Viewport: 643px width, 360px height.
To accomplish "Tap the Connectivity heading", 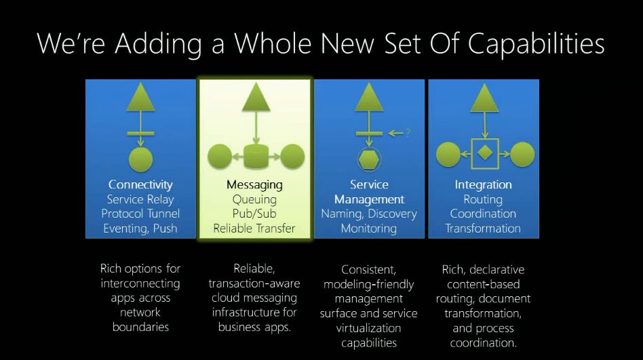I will coord(140,184).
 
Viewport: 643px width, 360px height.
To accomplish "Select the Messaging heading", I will coord(254,184).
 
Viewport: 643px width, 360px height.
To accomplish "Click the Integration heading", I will coord(483,184).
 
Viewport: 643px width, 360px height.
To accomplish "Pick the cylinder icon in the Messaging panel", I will coord(254,156).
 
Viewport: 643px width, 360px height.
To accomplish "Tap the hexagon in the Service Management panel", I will coord(369,160).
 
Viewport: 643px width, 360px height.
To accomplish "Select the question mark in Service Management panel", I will coord(408,133).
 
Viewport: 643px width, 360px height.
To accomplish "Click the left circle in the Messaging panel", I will coord(219,156).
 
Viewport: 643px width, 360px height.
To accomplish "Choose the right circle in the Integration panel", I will coord(522,154).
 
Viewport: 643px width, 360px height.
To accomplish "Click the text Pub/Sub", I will coord(254,214).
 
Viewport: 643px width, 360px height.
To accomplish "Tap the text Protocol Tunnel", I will coord(140,214).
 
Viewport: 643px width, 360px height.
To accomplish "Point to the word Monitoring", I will coord(369,228).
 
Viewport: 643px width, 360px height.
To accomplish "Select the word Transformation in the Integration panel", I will coord(483,228).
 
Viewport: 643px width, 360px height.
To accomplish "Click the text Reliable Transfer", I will coord(254,228).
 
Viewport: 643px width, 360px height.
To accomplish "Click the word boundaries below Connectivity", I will coord(140,327).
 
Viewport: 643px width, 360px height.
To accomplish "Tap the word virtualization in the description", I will coord(369,328).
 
